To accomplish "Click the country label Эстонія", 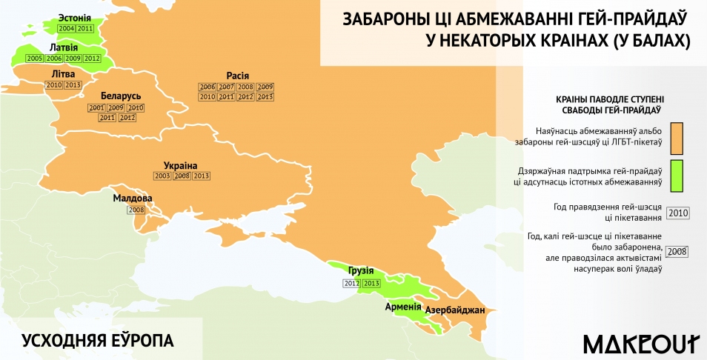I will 70,17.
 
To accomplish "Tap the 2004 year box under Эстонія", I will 66,28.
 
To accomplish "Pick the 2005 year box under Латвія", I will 34,58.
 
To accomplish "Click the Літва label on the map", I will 63,74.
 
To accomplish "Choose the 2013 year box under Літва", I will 73,85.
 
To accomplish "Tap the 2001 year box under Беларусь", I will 96,107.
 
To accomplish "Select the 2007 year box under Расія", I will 227,87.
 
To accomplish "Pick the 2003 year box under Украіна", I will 162,176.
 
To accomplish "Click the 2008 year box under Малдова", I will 136,210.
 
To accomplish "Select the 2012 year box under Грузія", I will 351,283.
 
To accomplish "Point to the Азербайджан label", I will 454,310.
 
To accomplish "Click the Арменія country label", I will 403,305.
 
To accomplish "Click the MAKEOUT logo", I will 642,343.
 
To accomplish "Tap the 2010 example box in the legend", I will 678,213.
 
